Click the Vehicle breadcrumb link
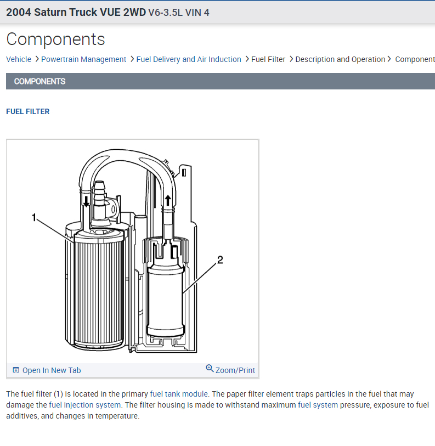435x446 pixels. [x=19, y=59]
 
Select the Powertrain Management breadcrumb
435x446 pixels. [x=83, y=59]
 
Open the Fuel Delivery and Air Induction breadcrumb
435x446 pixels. [x=188, y=59]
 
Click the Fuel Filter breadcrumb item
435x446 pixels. [x=268, y=59]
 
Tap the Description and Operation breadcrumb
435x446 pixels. [x=340, y=59]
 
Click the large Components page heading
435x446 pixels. [x=55, y=39]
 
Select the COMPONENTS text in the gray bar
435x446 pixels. [x=39, y=81]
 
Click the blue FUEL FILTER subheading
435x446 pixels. [x=28, y=111]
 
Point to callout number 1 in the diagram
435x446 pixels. [x=34, y=218]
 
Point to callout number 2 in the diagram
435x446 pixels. [x=220, y=260]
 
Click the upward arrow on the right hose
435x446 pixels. [x=168, y=200]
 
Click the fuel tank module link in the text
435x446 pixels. [x=179, y=394]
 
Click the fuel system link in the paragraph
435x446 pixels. [x=318, y=405]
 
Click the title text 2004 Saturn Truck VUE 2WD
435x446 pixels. [x=76, y=12]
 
